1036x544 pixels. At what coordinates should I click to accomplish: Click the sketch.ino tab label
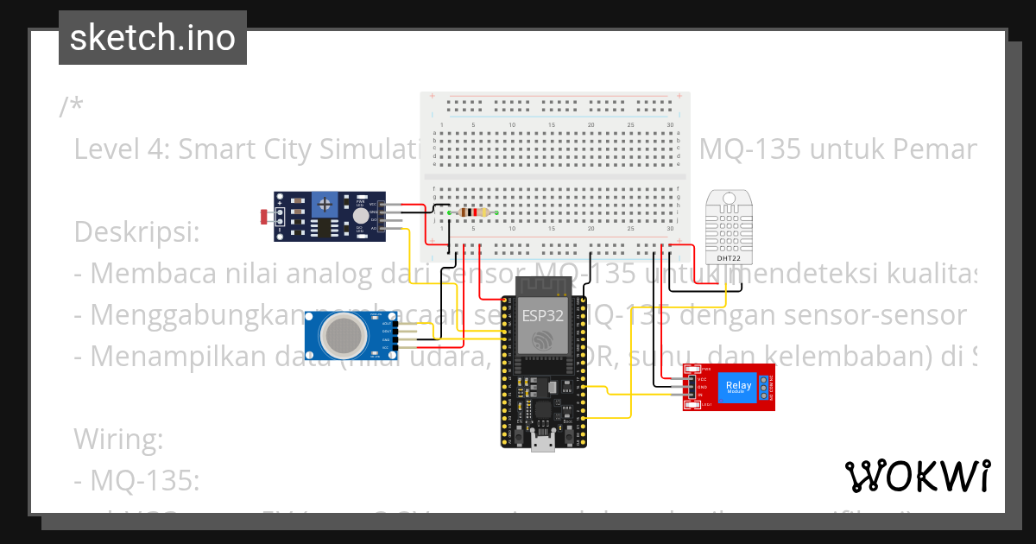tap(152, 38)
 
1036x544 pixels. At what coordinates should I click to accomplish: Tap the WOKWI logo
tap(917, 476)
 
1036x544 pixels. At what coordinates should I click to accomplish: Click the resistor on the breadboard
tap(473, 212)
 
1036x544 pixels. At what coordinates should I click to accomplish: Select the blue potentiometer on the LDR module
tap(325, 205)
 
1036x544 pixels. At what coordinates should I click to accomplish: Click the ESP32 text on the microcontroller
tap(542, 315)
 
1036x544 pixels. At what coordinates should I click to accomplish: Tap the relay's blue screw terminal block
tap(766, 387)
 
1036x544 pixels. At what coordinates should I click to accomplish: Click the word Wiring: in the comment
tap(118, 439)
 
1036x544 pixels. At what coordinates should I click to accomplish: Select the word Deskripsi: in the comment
tap(136, 231)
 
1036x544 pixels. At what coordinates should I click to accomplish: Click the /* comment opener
tap(72, 107)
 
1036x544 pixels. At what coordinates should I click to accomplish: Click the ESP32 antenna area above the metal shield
tap(542, 287)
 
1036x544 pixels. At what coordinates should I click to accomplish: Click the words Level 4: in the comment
tap(122, 149)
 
